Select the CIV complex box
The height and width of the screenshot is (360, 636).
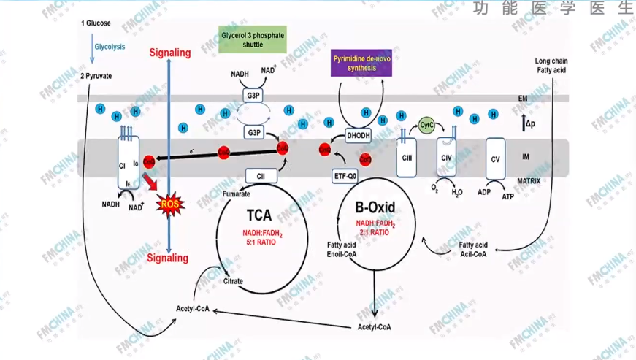[x=448, y=158]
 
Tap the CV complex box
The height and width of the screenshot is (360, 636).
[x=495, y=158]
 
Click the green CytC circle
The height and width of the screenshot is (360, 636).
[x=426, y=126]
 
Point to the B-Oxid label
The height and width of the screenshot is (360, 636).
[x=374, y=207]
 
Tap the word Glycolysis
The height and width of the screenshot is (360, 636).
[x=110, y=47]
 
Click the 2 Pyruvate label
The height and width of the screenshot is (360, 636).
[x=96, y=75]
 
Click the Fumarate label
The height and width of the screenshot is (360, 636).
[x=236, y=194]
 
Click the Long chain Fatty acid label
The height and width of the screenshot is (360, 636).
[x=551, y=65]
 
